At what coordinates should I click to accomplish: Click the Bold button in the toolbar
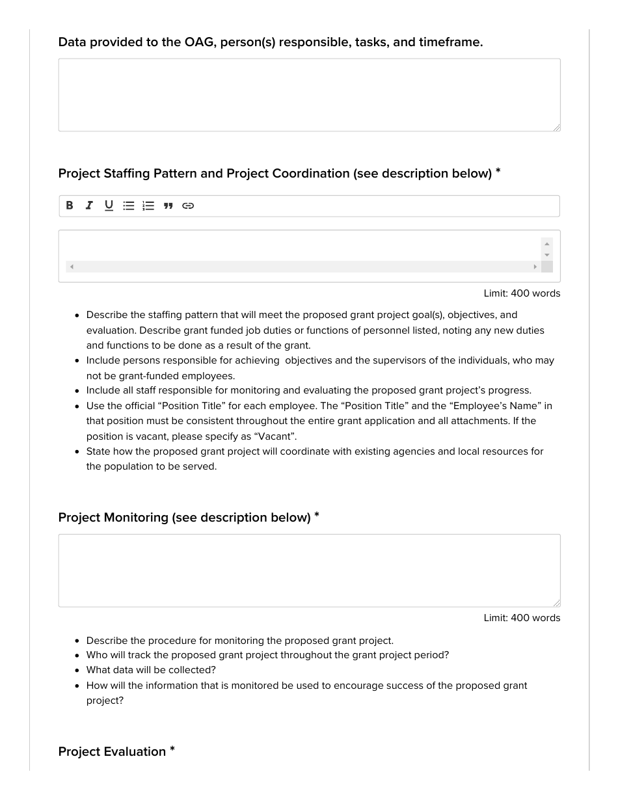point(70,206)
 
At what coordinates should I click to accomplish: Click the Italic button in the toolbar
point(89,206)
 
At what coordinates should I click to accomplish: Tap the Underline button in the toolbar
point(109,206)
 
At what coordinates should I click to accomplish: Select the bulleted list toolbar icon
point(129,206)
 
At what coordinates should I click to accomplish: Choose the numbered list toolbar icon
point(148,206)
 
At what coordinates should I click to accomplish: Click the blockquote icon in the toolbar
point(168,206)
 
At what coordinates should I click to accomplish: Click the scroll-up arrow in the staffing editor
point(547,243)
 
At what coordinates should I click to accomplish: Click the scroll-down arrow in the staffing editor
point(547,255)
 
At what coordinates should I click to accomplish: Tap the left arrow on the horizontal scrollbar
point(72,267)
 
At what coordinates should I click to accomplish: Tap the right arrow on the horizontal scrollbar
point(535,267)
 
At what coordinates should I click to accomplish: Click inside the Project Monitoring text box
point(309,570)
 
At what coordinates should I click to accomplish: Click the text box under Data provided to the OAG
point(309,95)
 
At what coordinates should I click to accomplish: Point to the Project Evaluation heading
point(112,751)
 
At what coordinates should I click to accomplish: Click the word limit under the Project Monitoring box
point(522,618)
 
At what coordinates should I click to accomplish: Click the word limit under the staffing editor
point(522,293)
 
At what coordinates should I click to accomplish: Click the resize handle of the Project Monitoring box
point(556,603)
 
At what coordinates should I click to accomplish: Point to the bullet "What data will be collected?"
point(151,670)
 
